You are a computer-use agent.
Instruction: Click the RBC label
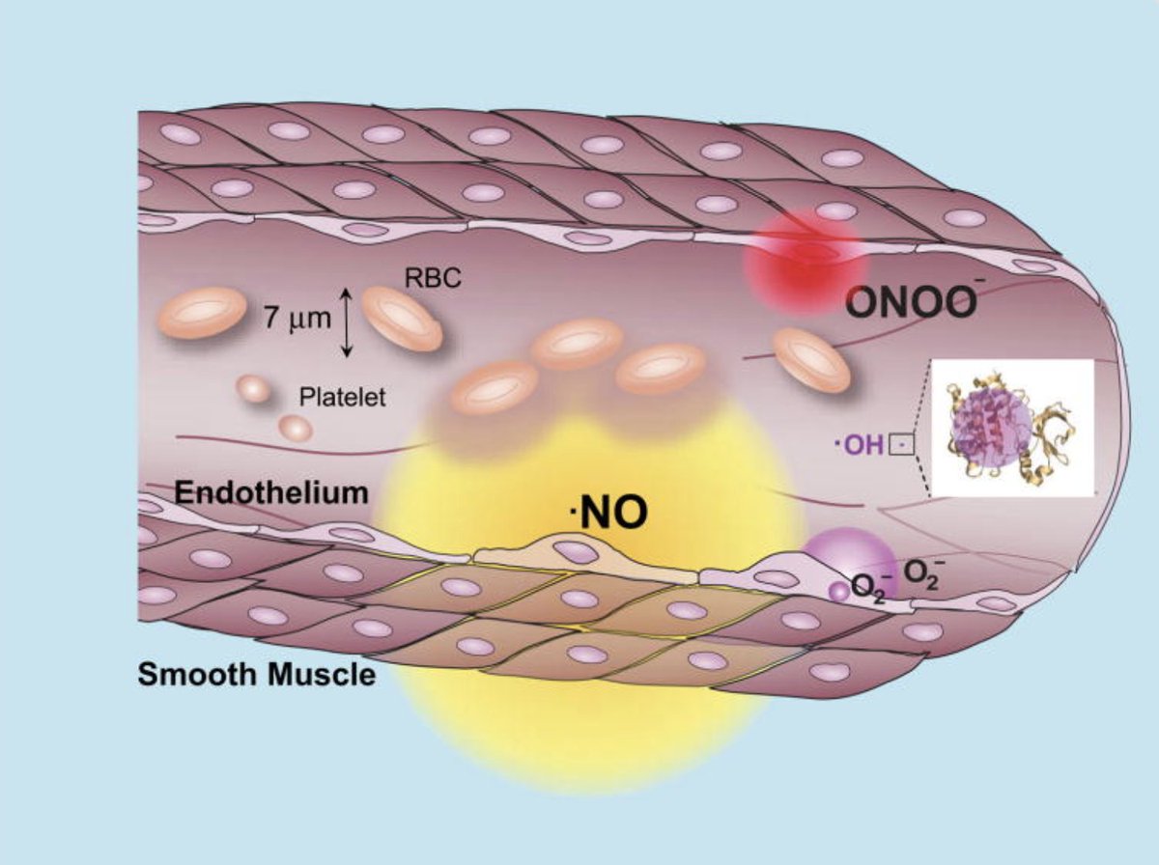tap(434, 278)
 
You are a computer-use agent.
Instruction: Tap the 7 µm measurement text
tap(297, 318)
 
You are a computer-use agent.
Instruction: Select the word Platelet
tap(342, 396)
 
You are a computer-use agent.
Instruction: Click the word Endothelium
tap(271, 492)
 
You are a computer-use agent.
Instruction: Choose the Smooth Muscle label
tap(256, 673)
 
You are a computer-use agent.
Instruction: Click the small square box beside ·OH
tap(900, 445)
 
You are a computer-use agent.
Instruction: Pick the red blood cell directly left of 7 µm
tap(202, 312)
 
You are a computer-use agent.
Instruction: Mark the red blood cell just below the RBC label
tap(402, 318)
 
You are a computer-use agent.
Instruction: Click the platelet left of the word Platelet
tap(254, 389)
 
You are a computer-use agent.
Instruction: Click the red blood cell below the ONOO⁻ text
tap(811, 359)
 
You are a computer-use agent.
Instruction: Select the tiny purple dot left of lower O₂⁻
tap(839, 592)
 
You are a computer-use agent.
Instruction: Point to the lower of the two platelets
tap(296, 427)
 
